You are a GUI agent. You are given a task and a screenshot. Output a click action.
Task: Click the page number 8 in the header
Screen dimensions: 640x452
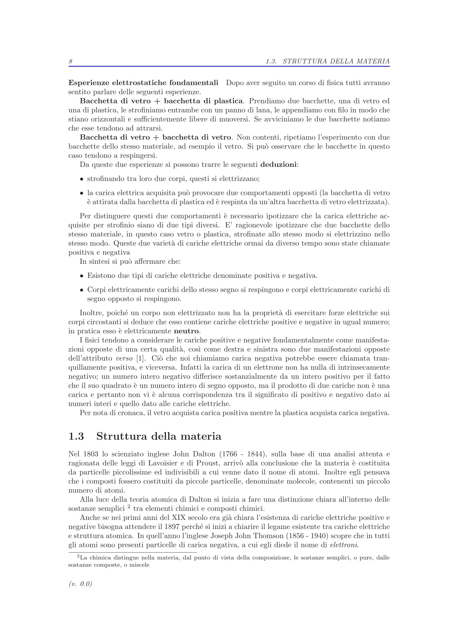click(71, 61)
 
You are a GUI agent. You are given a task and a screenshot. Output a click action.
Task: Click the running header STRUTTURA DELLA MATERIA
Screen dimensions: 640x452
click(336, 61)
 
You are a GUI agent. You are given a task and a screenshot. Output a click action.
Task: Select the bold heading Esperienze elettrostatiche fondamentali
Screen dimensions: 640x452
click(143, 83)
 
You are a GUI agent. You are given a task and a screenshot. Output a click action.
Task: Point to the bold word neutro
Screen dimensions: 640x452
click(186, 331)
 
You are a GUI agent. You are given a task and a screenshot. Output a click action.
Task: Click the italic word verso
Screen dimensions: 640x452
click(124, 358)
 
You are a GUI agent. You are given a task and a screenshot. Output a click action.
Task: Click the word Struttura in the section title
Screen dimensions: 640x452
click(122, 436)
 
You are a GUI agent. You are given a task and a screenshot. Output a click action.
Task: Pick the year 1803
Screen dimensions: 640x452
click(91, 454)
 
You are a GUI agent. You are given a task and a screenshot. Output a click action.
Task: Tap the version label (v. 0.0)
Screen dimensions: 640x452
click(81, 584)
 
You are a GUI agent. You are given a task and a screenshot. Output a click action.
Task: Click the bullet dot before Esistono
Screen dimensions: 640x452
click(82, 276)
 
